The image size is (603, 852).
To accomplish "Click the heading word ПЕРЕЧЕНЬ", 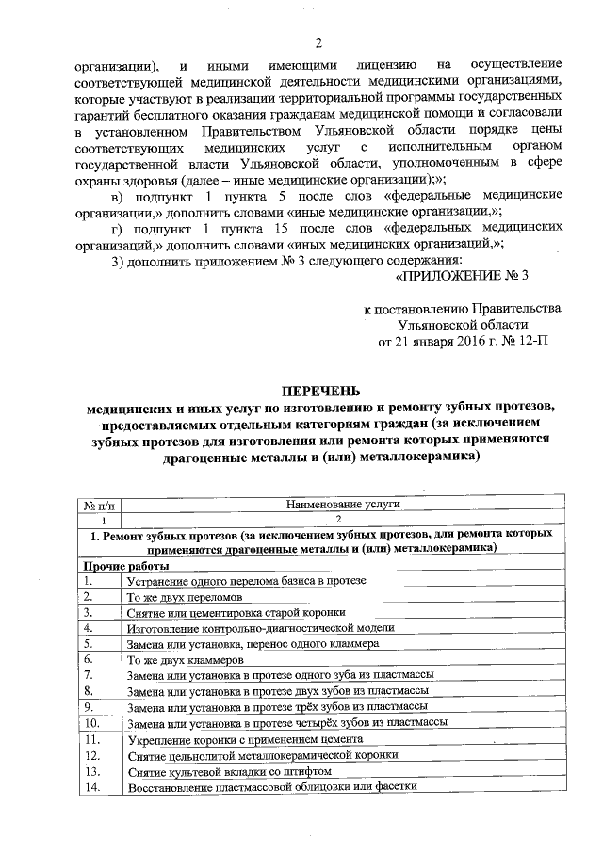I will (x=318, y=393).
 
